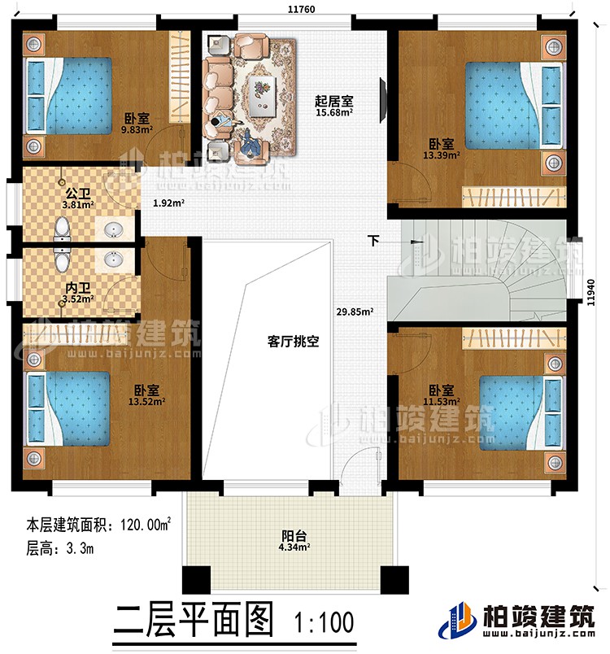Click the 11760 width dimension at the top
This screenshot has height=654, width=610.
tap(295, 10)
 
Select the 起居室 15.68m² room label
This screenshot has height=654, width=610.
tap(334, 107)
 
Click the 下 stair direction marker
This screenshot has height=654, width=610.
tap(373, 241)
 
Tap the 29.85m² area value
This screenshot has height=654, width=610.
tap(355, 311)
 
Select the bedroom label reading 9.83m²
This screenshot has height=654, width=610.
tap(136, 122)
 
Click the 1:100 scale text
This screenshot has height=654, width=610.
tap(325, 624)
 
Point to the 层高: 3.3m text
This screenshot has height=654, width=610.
tap(59, 548)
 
